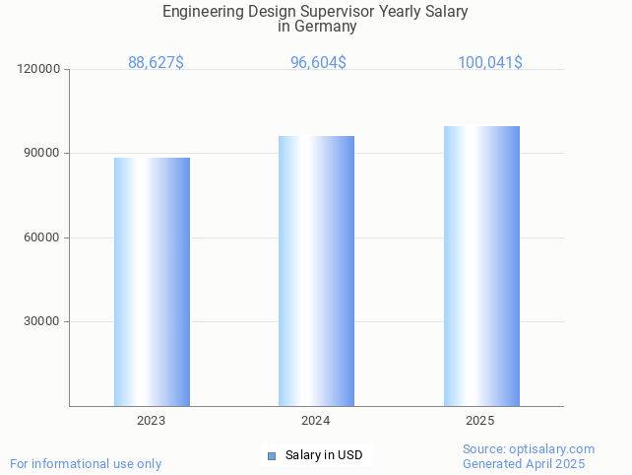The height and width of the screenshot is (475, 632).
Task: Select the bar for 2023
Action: click(152, 282)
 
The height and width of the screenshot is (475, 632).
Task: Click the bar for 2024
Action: click(316, 271)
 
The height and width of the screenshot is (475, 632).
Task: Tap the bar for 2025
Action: click(481, 266)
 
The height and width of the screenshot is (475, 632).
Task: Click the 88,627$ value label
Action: click(156, 63)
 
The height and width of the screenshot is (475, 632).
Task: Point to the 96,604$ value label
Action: click(318, 63)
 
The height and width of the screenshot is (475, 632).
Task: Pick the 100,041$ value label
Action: click(489, 63)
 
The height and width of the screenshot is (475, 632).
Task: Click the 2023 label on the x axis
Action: click(151, 421)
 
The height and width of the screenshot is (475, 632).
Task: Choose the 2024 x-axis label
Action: click(315, 421)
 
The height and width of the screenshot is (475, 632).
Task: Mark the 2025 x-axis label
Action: click(479, 421)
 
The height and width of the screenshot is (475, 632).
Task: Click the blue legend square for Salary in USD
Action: click(272, 455)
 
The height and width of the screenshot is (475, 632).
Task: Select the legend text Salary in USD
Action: click(324, 455)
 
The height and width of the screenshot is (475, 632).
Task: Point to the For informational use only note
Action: click(86, 463)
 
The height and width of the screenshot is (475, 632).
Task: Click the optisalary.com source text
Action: click(556, 449)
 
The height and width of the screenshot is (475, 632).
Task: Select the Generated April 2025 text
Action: click(524, 464)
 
